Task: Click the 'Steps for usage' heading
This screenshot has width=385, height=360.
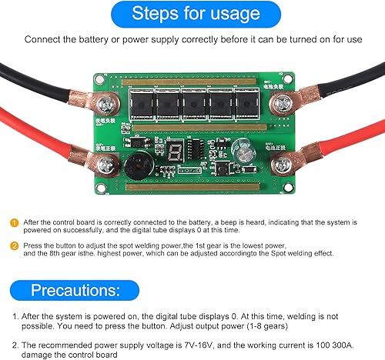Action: pyautogui.click(x=192, y=14)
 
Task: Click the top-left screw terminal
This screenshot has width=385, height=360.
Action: pyautogui.click(x=111, y=100)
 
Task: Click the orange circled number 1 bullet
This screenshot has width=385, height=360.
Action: pyautogui.click(x=13, y=220)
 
